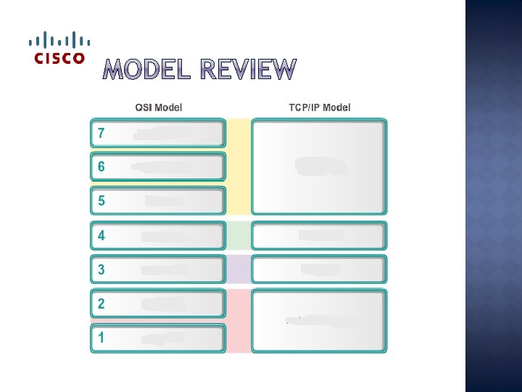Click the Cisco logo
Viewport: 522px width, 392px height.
click(59, 48)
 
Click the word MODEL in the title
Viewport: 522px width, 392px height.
click(148, 70)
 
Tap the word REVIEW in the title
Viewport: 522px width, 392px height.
click(248, 70)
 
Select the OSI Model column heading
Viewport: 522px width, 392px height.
click(159, 107)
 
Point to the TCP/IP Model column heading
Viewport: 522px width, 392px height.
click(319, 107)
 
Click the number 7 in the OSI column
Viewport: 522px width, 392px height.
click(101, 134)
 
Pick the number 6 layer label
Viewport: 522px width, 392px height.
click(101, 166)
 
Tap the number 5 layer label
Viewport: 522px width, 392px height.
click(101, 200)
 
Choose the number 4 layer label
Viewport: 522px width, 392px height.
click(101, 235)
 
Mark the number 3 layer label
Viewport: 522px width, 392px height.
click(101, 269)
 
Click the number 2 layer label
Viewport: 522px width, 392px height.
click(101, 303)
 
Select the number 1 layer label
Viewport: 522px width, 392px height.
click(101, 338)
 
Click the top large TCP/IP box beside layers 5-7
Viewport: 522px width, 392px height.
click(319, 167)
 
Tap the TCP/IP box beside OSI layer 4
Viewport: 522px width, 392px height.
click(319, 235)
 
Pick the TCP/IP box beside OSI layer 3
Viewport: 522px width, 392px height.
click(319, 269)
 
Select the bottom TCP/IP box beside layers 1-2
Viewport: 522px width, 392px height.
click(319, 320)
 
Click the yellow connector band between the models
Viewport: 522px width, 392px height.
click(239, 167)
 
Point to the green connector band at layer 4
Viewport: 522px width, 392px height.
click(239, 235)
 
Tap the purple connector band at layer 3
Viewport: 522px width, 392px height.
click(239, 269)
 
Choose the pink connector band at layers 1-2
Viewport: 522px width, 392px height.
click(239, 320)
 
